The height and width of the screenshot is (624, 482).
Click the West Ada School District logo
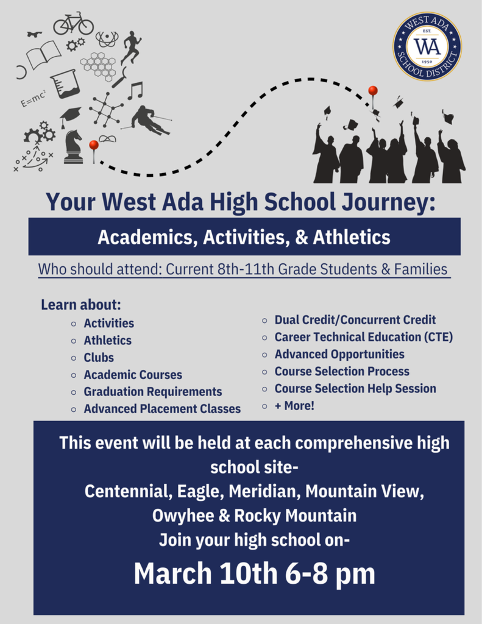[427, 46]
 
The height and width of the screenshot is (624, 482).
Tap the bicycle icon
[73, 24]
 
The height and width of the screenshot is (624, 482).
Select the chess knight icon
[73, 147]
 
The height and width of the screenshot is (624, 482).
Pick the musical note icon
[135, 91]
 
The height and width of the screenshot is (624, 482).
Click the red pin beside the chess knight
[94, 146]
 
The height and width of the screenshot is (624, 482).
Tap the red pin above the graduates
[373, 91]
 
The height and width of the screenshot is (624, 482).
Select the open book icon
[44, 55]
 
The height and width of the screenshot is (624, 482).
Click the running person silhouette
[130, 47]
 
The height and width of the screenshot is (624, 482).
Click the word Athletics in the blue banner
[352, 237]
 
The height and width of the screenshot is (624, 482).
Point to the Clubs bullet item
[99, 358]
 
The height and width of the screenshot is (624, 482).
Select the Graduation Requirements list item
[152, 392]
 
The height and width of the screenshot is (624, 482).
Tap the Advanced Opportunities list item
[339, 354]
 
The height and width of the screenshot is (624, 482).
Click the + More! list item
[294, 405]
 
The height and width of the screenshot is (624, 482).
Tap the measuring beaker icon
[65, 83]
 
